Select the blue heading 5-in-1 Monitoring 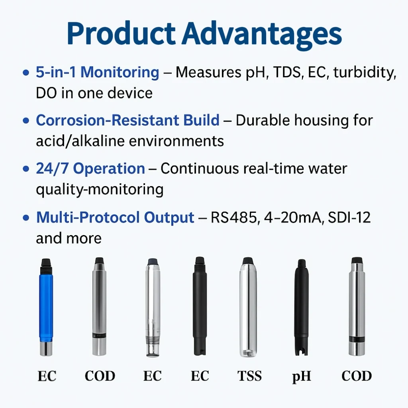tap(98, 73)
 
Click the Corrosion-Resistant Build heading tap(127, 120)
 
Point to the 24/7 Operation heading tap(90, 169)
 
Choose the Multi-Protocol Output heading tap(115, 218)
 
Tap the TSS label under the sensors tap(249, 376)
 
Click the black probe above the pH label tap(301, 307)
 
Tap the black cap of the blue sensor tap(46, 263)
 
